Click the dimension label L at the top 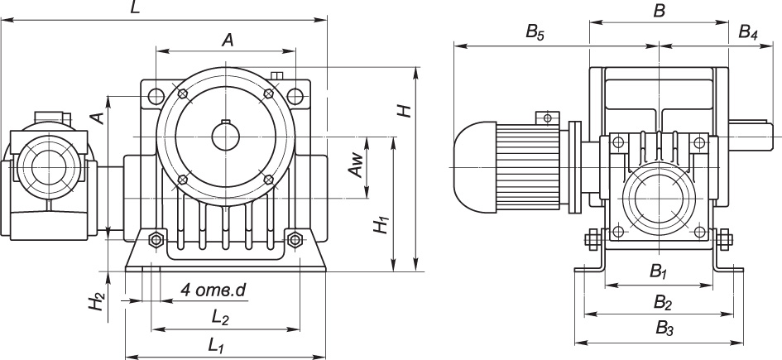tap(135, 8)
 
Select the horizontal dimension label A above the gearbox tap(228, 40)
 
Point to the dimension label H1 tap(382, 225)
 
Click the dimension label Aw tap(356, 166)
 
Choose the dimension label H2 tap(98, 301)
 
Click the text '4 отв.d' tap(213, 290)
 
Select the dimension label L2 tap(220, 318)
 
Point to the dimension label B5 tap(535, 32)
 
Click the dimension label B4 tap(748, 32)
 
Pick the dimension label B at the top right tap(659, 11)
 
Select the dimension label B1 tap(659, 271)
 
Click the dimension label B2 tap(663, 301)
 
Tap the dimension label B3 tap(664, 329)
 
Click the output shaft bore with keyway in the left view tap(225, 136)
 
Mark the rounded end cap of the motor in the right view tap(475, 166)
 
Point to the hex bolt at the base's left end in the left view tap(157, 239)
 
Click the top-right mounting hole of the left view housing tap(295, 94)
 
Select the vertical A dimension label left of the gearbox tap(98, 118)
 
